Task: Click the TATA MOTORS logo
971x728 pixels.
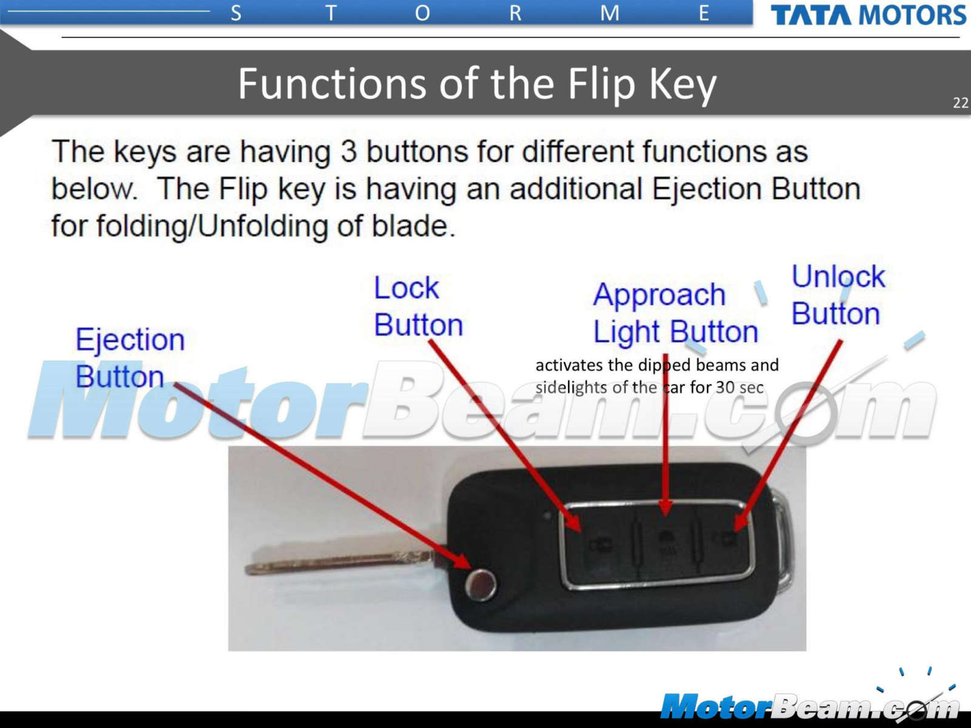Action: (868, 15)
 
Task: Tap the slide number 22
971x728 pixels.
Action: (961, 103)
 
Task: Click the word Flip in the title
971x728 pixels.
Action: (601, 84)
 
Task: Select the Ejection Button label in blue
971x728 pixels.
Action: (130, 357)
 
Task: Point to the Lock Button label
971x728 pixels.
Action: (418, 306)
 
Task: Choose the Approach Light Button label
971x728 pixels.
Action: (675, 313)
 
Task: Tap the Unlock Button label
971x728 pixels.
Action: (837, 295)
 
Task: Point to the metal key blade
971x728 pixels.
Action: (339, 563)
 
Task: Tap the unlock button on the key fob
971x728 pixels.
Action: (725, 540)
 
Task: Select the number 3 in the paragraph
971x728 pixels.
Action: (348, 152)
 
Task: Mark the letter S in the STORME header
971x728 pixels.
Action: (236, 14)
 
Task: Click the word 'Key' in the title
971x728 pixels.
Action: (683, 85)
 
